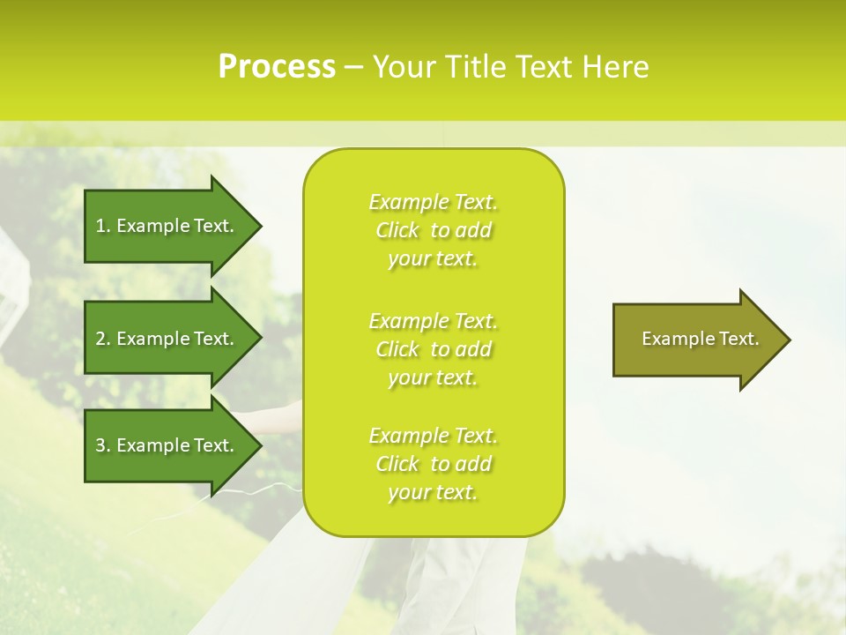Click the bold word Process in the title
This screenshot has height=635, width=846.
click(x=277, y=67)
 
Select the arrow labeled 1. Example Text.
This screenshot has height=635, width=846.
click(x=166, y=226)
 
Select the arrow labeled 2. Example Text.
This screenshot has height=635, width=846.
click(x=166, y=339)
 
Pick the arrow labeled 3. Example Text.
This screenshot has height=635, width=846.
click(x=166, y=445)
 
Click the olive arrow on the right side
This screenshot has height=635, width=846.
click(x=696, y=340)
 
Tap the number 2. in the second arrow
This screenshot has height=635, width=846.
click(x=103, y=339)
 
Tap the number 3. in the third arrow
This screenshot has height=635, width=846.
click(x=103, y=445)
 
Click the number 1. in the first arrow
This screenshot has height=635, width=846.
click(x=103, y=226)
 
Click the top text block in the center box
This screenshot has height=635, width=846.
click(x=433, y=230)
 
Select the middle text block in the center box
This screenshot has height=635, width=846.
click(x=433, y=349)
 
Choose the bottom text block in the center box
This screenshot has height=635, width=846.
click(x=433, y=464)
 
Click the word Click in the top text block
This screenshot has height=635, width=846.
click(x=397, y=230)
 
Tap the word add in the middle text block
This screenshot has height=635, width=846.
click(x=474, y=349)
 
